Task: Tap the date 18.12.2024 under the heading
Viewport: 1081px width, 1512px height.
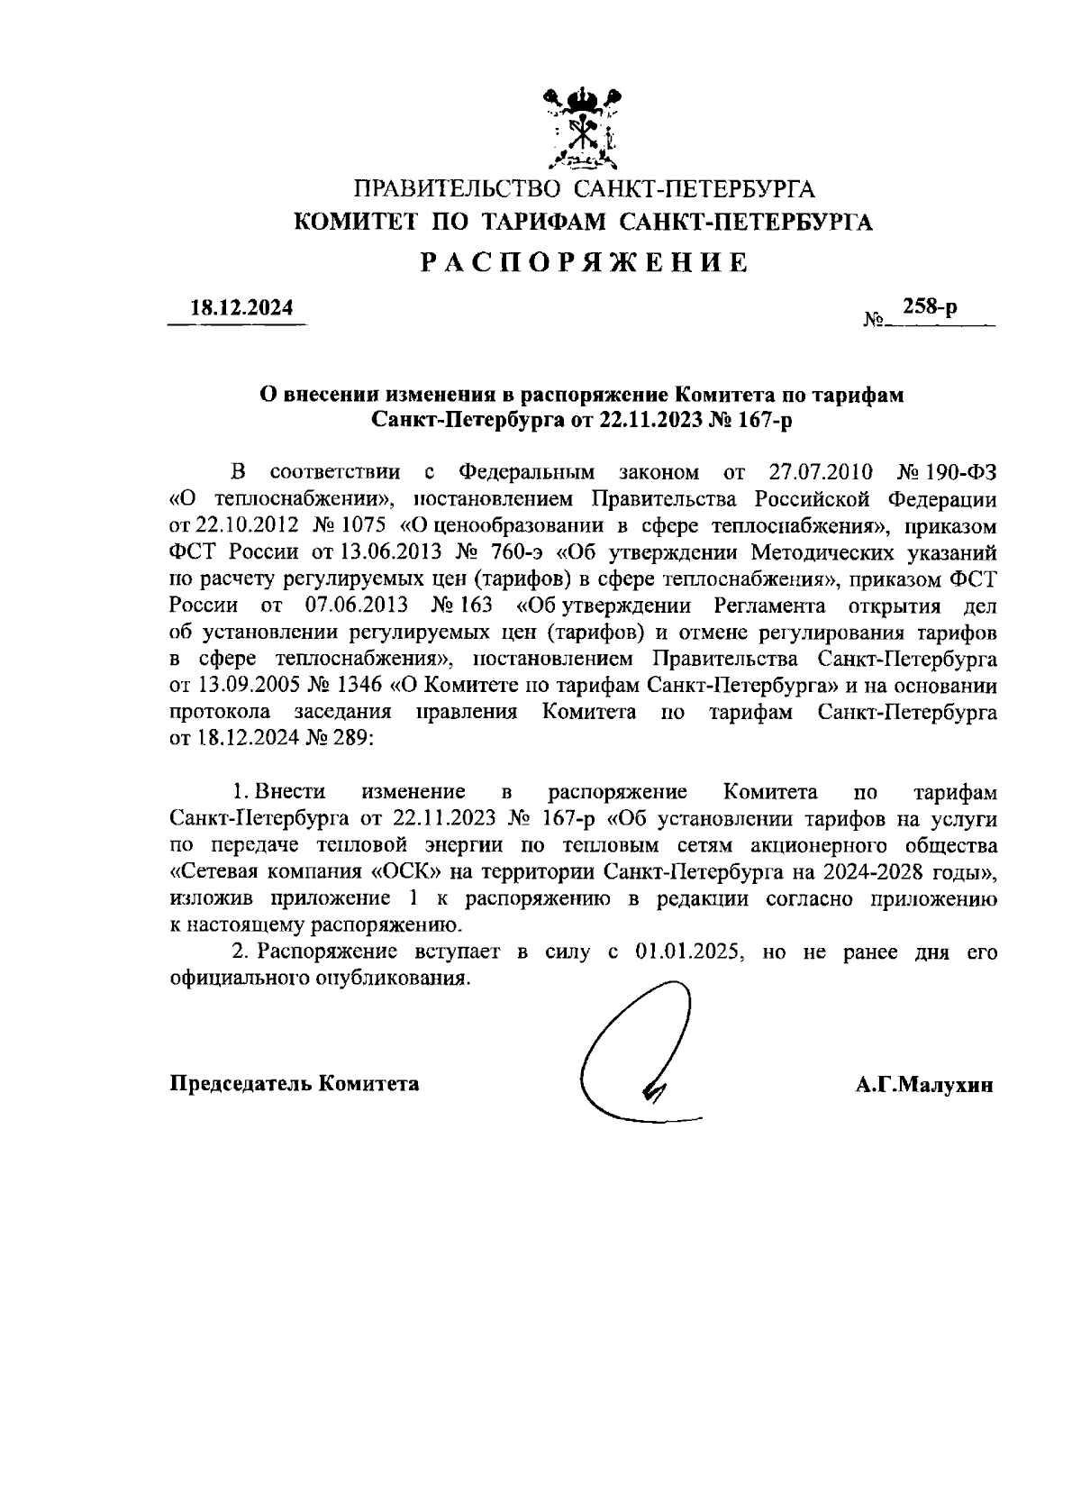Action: point(241,307)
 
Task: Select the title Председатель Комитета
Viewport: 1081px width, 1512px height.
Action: point(295,1083)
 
